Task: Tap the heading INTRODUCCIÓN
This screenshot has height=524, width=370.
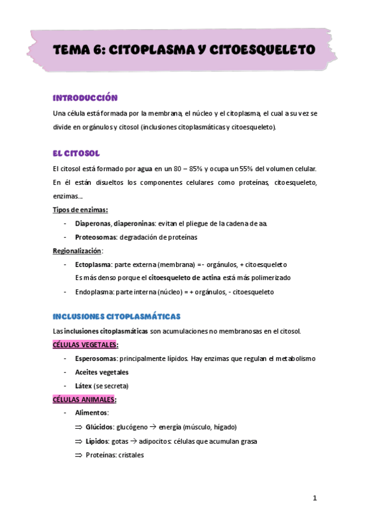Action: (x=85, y=98)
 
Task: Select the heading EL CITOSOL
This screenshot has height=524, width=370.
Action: (x=77, y=153)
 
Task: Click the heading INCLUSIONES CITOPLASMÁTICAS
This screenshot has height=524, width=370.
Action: (x=117, y=316)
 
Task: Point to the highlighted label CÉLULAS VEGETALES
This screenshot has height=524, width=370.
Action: (x=86, y=344)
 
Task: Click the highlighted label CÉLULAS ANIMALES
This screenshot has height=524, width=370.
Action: (x=85, y=399)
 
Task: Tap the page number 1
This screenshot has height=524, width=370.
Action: (x=314, y=497)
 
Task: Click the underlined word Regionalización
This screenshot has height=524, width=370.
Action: (x=78, y=250)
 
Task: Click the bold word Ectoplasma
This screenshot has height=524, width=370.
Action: (x=94, y=264)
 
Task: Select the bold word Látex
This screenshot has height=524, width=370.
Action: (x=83, y=386)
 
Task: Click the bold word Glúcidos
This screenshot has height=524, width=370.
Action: (x=99, y=427)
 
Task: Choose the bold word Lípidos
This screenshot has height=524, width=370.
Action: (x=98, y=441)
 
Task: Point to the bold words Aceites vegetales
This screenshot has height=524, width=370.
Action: (x=102, y=372)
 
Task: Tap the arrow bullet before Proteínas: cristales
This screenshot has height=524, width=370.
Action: (x=78, y=455)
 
